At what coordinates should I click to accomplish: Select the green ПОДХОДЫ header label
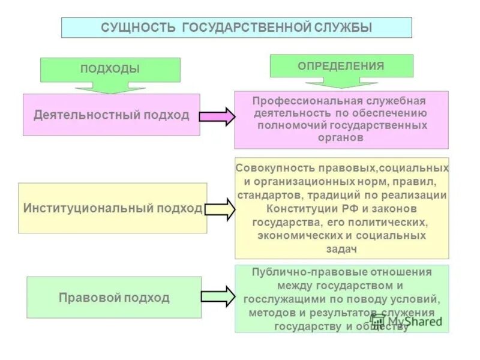[x=110, y=69]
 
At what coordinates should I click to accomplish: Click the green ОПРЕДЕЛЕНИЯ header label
[x=341, y=66]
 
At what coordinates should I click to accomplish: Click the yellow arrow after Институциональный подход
[x=220, y=209]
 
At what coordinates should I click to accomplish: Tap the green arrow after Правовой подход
[x=217, y=296]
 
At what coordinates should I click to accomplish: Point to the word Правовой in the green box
[x=88, y=297]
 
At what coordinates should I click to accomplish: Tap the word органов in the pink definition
[x=341, y=137]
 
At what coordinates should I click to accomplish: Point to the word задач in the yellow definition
[x=341, y=248]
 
